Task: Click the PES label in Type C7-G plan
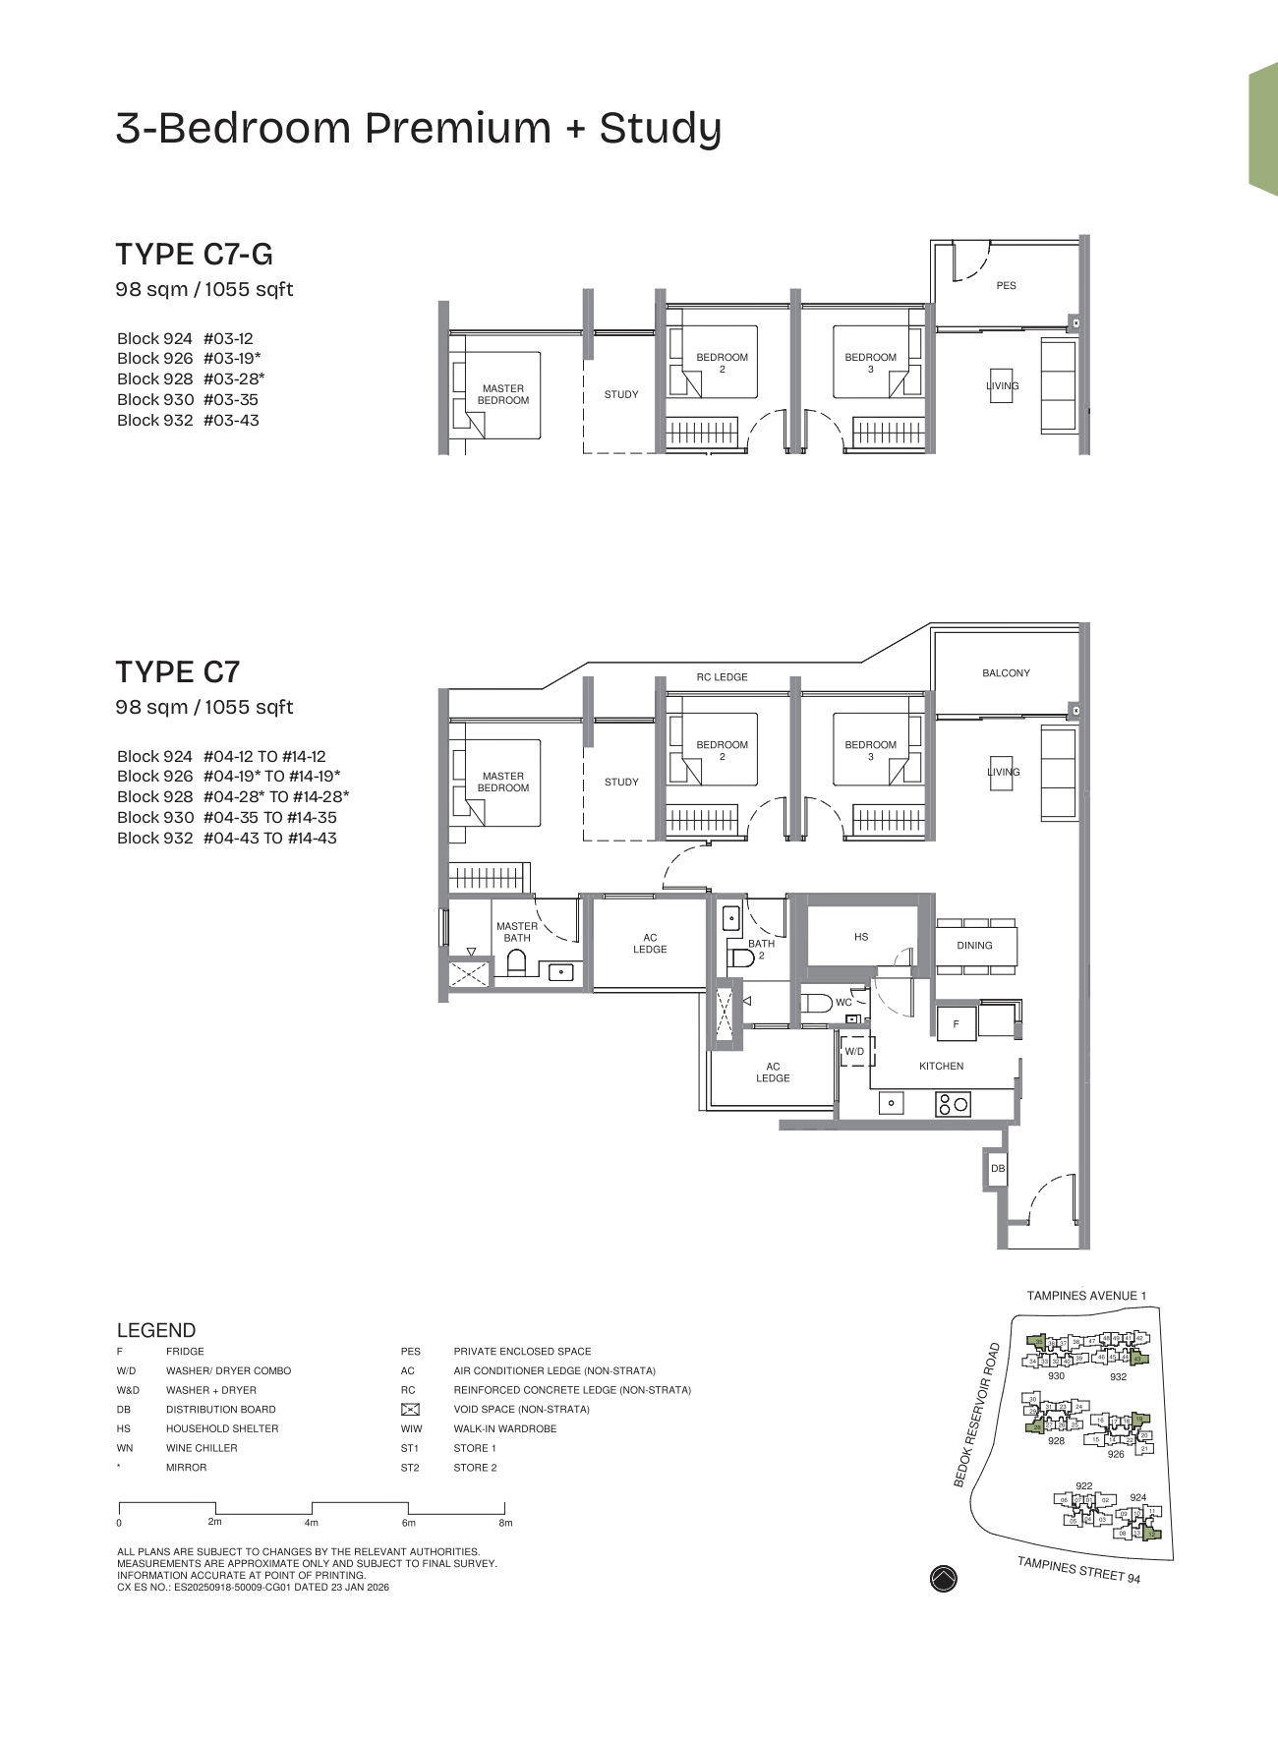click(x=1006, y=285)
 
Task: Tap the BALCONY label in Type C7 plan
click(x=1006, y=673)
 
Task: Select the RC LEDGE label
click(x=722, y=677)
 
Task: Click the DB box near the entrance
click(x=998, y=1169)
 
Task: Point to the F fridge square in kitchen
click(x=956, y=1024)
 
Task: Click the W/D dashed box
click(x=854, y=1052)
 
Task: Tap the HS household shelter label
click(x=861, y=937)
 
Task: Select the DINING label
click(x=974, y=946)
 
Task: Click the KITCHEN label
click(x=941, y=1067)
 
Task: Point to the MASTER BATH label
click(x=517, y=932)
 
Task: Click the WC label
click(x=843, y=1003)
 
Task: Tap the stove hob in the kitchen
click(x=953, y=1104)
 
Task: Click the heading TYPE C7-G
click(x=194, y=255)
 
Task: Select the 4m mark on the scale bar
click(x=312, y=1523)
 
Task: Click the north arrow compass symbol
click(x=943, y=1579)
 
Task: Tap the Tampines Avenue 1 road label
click(x=1086, y=1296)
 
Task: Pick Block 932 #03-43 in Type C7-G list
click(x=188, y=420)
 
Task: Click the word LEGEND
click(x=155, y=1330)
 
